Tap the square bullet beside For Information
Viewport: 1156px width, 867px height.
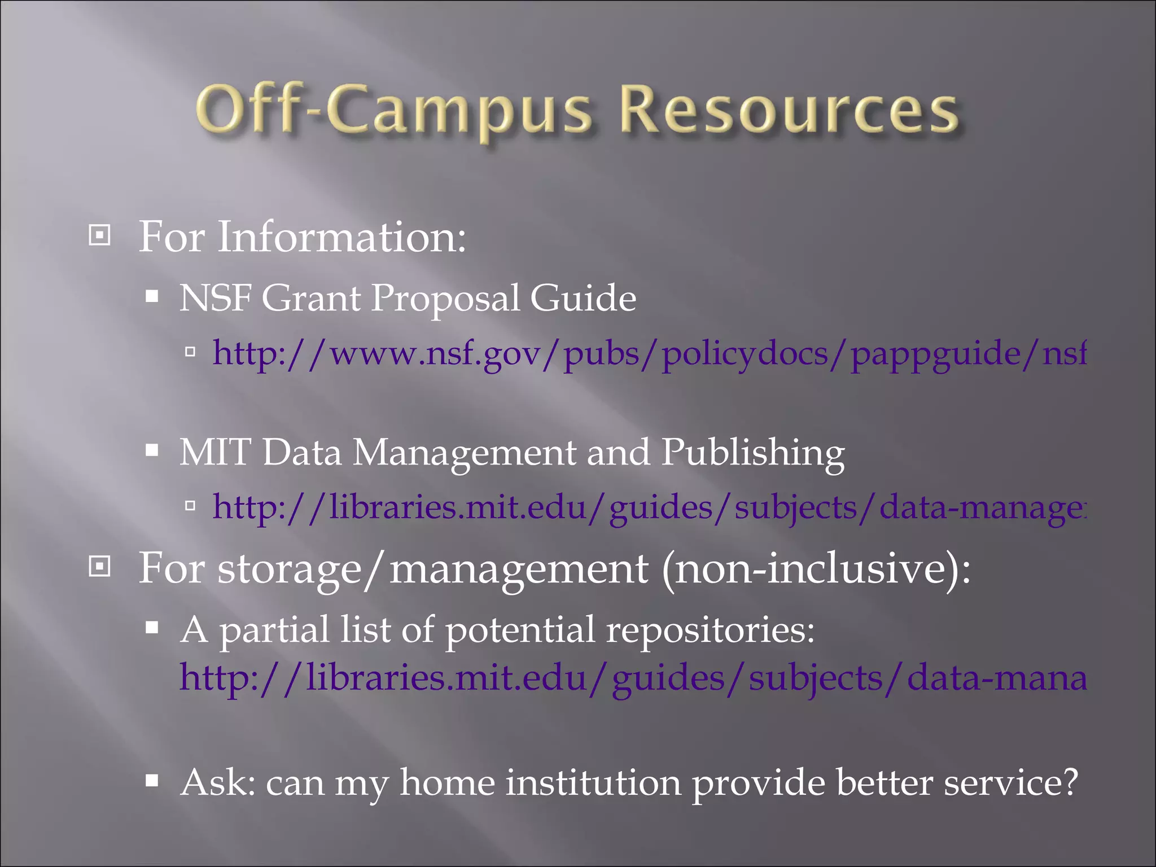tap(100, 235)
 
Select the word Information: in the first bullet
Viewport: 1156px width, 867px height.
tap(341, 237)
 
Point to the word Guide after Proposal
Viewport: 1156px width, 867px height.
tap(583, 298)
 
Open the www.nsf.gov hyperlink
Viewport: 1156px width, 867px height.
tap(649, 354)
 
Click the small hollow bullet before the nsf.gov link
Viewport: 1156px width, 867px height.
tap(190, 353)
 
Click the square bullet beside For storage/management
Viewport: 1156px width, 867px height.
tap(100, 566)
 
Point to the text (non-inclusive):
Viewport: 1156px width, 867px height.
tap(816, 568)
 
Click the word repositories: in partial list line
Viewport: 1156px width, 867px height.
tap(711, 629)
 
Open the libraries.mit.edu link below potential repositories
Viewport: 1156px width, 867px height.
tap(632, 677)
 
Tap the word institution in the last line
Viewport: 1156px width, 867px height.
tap(593, 782)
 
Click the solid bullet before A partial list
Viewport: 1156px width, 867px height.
tap(151, 628)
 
